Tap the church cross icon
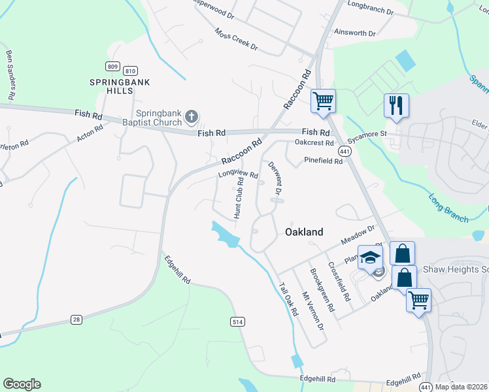coord(191,117)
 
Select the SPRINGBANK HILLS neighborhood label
coord(120,86)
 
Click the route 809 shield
coord(112,66)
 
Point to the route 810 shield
coord(130,71)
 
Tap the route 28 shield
coord(77,319)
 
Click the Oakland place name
coord(304,232)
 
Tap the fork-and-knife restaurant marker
coord(396,105)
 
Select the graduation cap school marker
coord(370,257)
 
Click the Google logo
coord(22,384)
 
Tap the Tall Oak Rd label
coord(288,299)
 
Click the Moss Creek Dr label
coord(236,40)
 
